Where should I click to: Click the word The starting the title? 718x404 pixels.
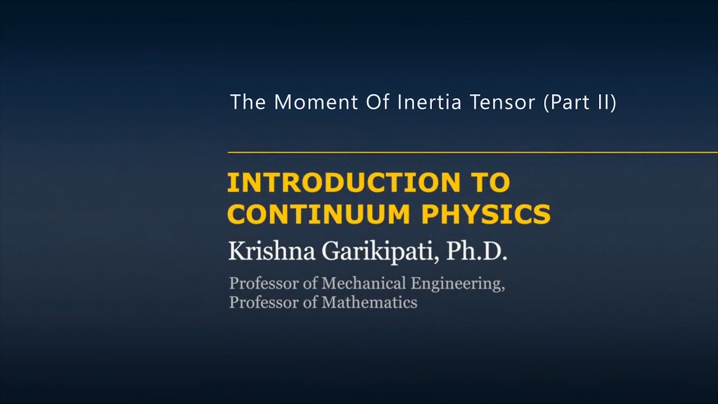click(x=247, y=102)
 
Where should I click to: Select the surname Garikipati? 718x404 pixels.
click(x=380, y=252)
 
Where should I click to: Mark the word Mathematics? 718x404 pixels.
click(x=369, y=302)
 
